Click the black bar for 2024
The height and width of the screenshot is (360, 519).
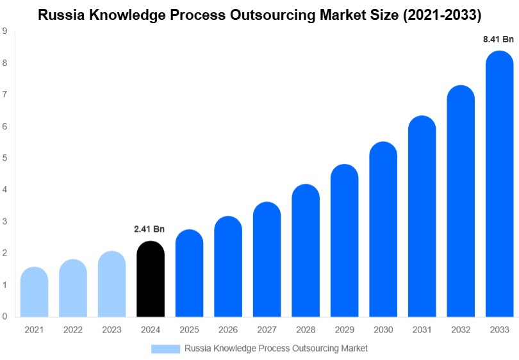pyautogui.click(x=151, y=279)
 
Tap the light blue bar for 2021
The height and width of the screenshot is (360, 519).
pyautogui.click(x=34, y=292)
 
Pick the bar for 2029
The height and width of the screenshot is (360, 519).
pyautogui.click(x=344, y=241)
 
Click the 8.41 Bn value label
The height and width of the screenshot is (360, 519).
pyautogui.click(x=498, y=39)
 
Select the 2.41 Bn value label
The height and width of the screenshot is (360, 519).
pyautogui.click(x=150, y=229)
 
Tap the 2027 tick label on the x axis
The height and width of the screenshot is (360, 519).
pyautogui.click(x=267, y=330)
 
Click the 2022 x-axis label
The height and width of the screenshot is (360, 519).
pyautogui.click(x=73, y=330)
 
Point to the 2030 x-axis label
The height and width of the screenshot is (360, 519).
pyautogui.click(x=383, y=330)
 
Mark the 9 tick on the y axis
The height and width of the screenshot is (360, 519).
pyautogui.click(x=4, y=31)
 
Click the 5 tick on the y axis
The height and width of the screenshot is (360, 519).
pyautogui.click(x=4, y=158)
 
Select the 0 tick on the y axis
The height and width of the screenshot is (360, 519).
pyautogui.click(x=4, y=316)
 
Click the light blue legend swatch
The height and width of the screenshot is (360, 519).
pyautogui.click(x=165, y=348)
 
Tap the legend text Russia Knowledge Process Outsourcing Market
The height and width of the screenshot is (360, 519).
pyautogui.click(x=276, y=348)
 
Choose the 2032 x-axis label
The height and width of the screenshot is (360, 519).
pyautogui.click(x=461, y=330)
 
